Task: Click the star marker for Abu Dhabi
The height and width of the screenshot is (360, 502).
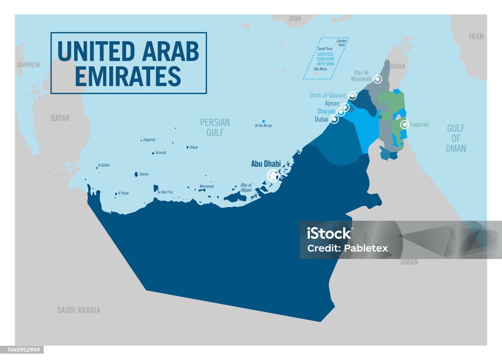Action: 273,176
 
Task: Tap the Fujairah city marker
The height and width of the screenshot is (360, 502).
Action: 404,125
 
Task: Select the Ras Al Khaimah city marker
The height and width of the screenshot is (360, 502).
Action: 377,79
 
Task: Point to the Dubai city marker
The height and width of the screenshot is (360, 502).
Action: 334,119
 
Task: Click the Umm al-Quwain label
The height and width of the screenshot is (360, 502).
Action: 327,95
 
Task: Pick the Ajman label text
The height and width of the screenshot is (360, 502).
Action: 332,103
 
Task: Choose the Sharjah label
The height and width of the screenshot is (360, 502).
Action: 326,111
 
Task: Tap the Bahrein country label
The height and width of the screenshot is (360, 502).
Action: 28,64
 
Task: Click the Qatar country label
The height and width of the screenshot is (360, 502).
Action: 60,118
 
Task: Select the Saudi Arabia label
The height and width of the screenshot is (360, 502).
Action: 78,310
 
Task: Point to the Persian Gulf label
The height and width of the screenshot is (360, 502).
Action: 215,127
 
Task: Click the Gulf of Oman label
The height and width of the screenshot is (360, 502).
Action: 455,138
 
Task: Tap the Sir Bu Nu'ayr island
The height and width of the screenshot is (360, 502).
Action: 264,121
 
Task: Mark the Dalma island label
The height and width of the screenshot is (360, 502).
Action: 144,174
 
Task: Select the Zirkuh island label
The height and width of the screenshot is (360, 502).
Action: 193,147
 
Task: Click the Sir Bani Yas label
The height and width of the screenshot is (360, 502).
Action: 165,192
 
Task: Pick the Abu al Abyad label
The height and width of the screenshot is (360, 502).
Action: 246,188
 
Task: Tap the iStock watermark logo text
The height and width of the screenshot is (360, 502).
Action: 329,233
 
